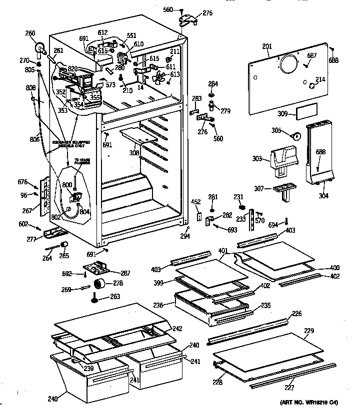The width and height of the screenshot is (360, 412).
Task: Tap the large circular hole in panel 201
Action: [288, 64]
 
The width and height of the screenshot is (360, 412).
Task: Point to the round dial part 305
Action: [296, 135]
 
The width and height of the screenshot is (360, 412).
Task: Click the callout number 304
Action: [323, 196]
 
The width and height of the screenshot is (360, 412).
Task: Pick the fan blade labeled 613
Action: [159, 77]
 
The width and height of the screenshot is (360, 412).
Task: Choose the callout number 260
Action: [30, 33]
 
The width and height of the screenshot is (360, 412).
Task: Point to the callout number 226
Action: [297, 313]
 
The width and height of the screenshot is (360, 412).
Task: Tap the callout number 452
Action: [196, 202]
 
